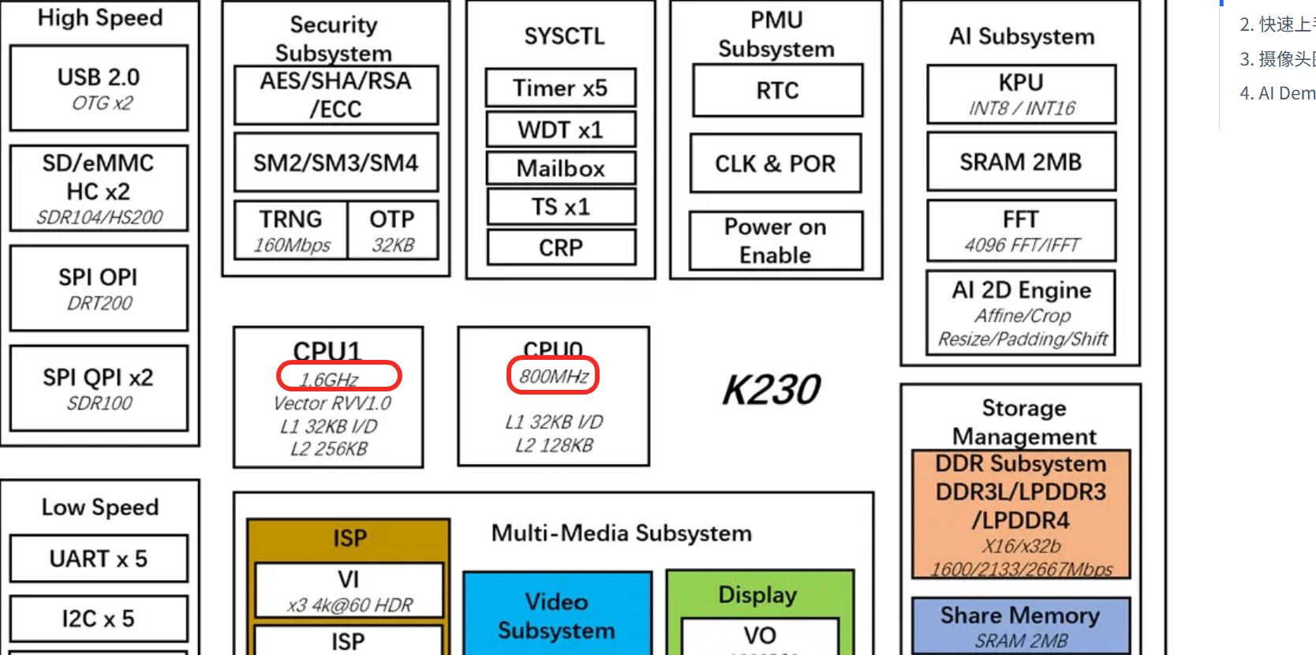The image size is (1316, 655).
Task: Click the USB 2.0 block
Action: click(x=99, y=88)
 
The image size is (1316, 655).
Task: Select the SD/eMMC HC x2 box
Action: click(x=99, y=188)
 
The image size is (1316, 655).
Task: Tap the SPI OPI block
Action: click(x=99, y=288)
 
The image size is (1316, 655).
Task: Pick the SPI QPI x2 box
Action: click(x=99, y=388)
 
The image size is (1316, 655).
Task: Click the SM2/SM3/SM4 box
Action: click(x=335, y=163)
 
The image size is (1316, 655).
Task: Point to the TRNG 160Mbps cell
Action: click(x=291, y=230)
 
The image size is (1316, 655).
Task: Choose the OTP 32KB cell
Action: click(x=392, y=230)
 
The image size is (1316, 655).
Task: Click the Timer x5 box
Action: click(x=560, y=88)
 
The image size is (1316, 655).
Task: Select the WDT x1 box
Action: click(x=560, y=129)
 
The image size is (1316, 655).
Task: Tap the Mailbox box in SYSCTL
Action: click(x=560, y=168)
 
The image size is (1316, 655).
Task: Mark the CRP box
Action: click(x=560, y=248)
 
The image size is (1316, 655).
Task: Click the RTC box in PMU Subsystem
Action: click(x=777, y=90)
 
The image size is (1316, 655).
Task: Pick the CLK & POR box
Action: click(x=775, y=163)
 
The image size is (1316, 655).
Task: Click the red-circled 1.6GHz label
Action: click(x=338, y=376)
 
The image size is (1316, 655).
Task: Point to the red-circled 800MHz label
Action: click(x=553, y=376)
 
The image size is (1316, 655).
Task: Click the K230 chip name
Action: click(x=771, y=390)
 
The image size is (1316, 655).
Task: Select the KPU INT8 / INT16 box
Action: click(x=1021, y=94)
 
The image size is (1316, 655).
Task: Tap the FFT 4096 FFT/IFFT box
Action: click(x=1021, y=230)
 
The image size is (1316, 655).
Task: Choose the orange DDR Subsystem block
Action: click(x=1021, y=514)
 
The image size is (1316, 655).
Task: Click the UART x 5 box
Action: click(x=99, y=559)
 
